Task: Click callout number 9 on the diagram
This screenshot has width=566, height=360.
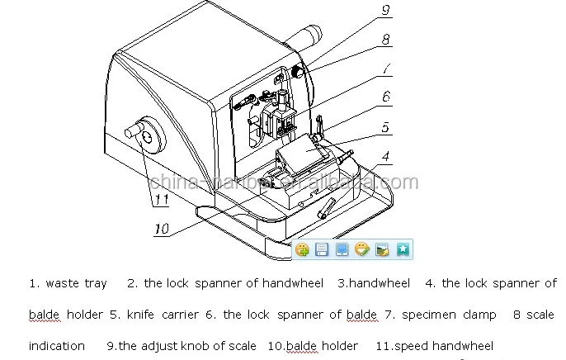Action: point(385,11)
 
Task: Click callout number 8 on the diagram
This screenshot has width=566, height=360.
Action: point(385,39)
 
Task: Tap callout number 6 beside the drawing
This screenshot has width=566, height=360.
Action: point(385,97)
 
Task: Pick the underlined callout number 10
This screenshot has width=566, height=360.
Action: point(162,229)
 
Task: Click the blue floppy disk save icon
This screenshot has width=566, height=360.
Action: point(322,249)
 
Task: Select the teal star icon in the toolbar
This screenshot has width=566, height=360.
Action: point(402,249)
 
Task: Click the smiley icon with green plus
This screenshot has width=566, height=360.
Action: point(302,249)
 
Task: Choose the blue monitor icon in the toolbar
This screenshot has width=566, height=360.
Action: point(342,249)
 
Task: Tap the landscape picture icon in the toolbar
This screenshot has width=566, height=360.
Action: point(382,249)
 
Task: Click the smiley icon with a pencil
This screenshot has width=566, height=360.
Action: point(361,249)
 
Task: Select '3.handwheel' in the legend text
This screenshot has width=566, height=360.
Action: point(373,283)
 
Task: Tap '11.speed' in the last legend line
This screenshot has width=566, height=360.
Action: point(407,346)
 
